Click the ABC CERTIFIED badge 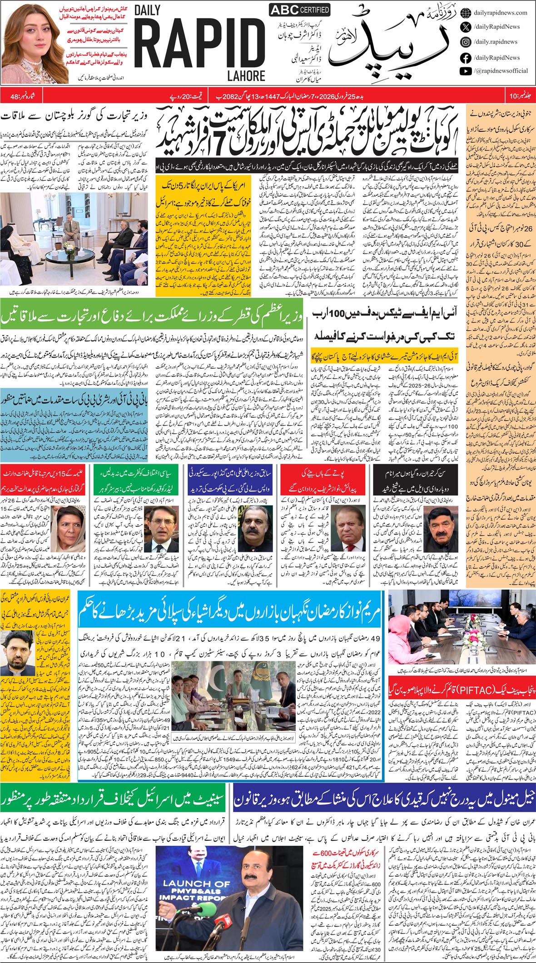(299, 10)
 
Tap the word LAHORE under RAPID (243, 75)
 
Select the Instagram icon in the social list (465, 42)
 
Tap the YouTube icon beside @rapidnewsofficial (465, 71)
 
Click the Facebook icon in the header (465, 58)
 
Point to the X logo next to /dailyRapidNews (465, 27)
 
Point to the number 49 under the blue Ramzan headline (375, 639)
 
